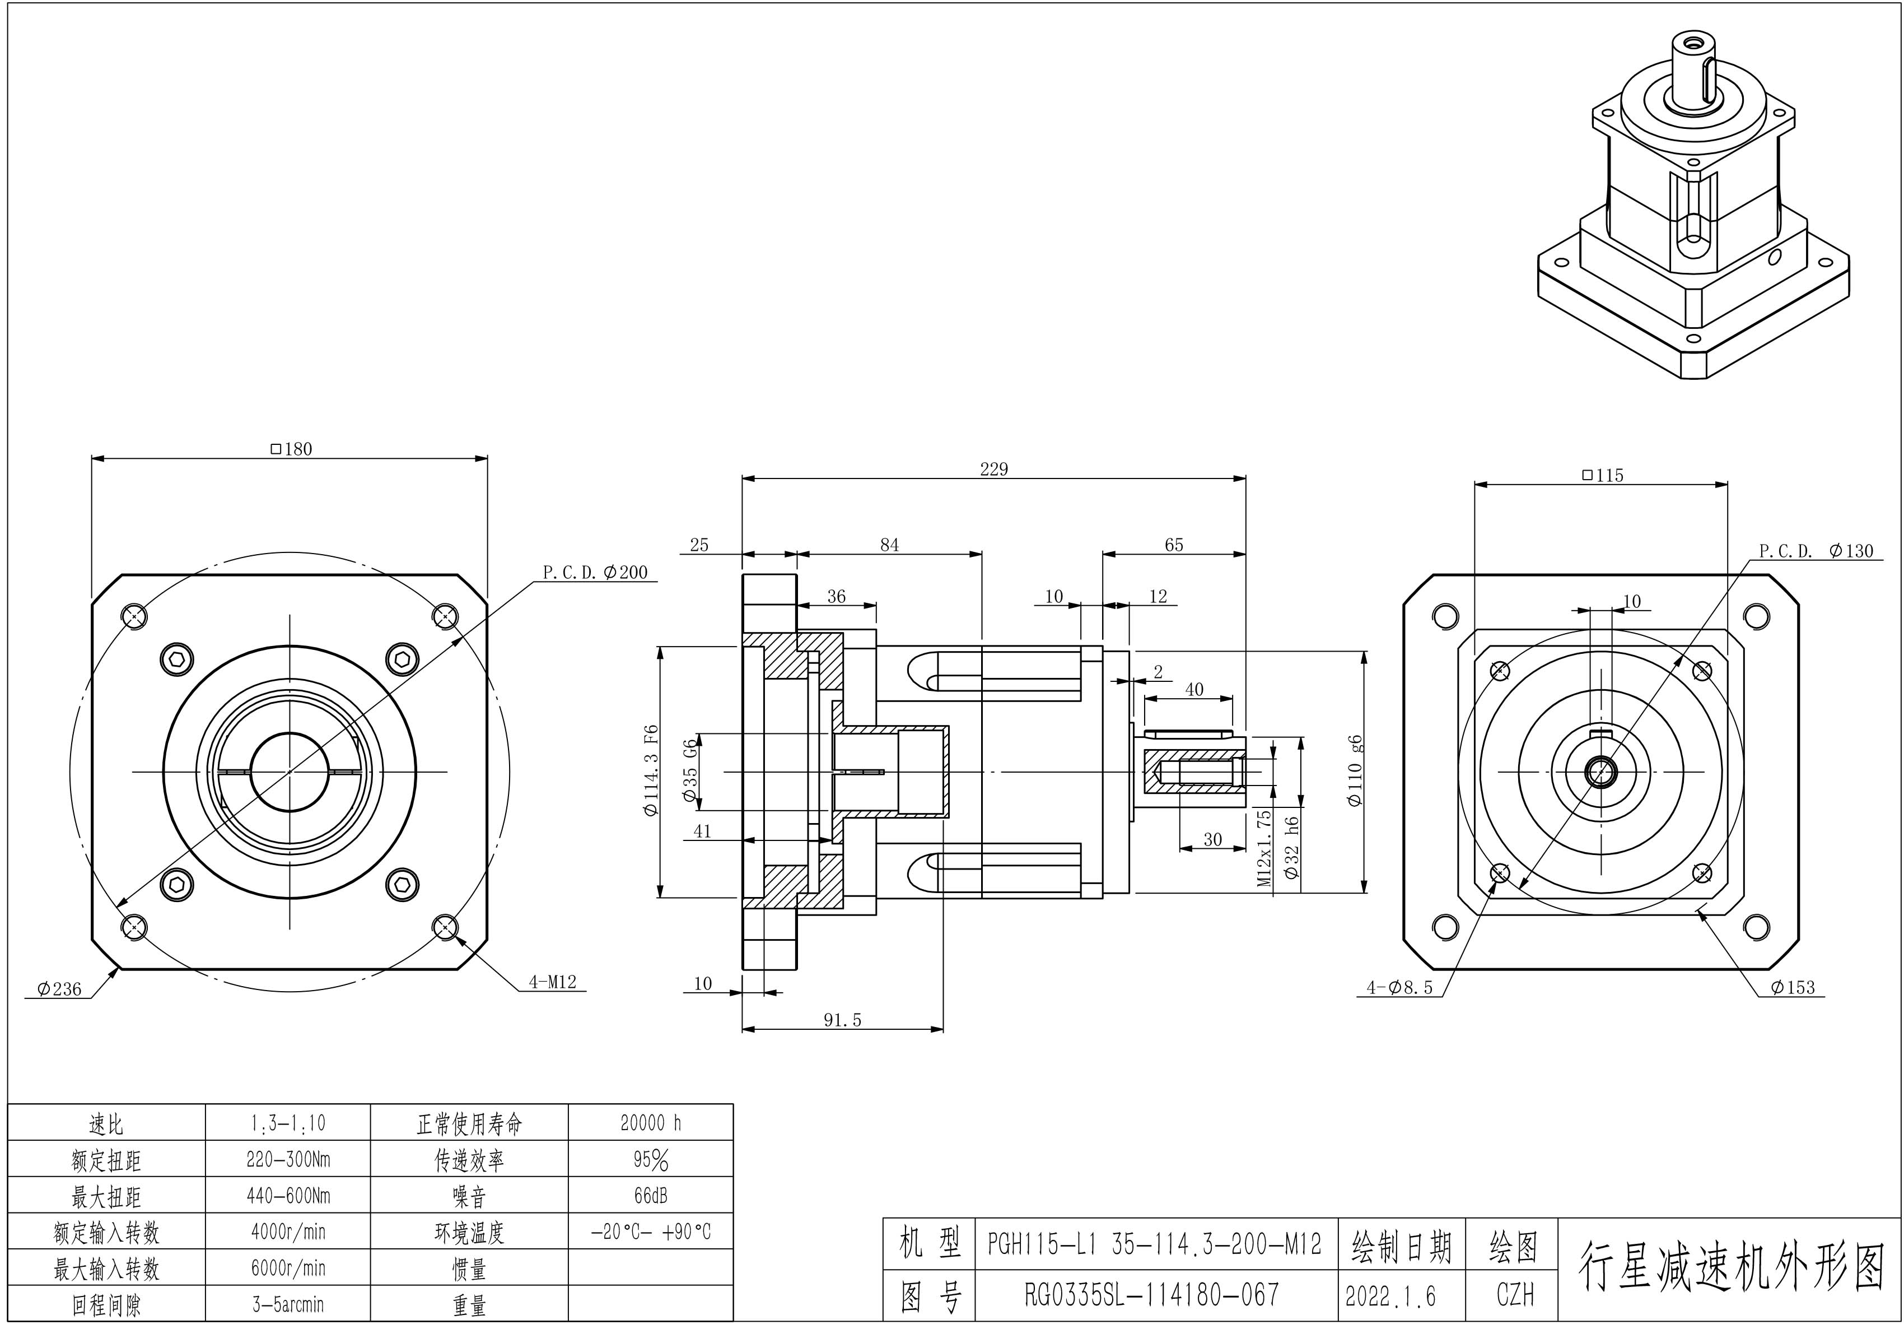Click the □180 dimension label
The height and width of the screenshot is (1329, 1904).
292,449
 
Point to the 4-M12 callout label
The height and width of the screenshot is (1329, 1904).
552,982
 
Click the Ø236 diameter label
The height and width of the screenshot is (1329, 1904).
60,989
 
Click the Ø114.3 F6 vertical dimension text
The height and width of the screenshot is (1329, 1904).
651,771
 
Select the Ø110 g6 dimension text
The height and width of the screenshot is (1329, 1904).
1355,771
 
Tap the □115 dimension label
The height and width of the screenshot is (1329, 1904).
1602,475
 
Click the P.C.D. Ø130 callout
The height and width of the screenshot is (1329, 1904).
1816,551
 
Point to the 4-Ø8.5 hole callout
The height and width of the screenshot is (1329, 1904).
1400,987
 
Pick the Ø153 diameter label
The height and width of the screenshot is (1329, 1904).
1793,987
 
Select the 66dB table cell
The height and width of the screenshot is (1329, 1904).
650,1196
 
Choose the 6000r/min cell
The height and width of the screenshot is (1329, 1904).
288,1267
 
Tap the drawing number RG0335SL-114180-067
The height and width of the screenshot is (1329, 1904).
1152,1294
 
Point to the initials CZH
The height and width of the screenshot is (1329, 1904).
1514,1295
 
